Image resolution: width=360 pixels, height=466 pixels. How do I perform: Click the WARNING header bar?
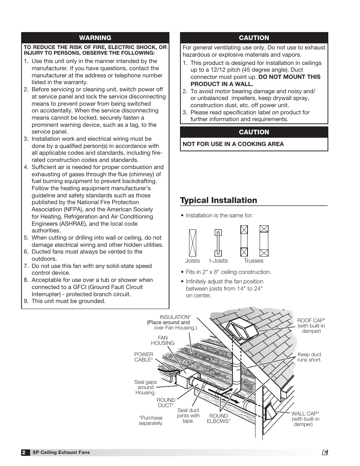pyautogui.click(x=95, y=38)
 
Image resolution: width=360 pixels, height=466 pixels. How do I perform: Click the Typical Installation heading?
pyautogui.click(x=218, y=200)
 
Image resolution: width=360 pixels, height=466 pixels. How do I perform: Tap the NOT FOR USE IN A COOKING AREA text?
pyautogui.click(x=233, y=144)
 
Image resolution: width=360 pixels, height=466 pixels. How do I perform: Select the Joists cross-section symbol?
pyautogui.click(x=192, y=243)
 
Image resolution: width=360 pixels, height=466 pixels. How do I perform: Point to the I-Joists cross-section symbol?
pyautogui.click(x=218, y=243)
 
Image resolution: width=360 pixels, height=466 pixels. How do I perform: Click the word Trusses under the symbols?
pyautogui.click(x=254, y=261)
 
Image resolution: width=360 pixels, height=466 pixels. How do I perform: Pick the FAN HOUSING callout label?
pyautogui.click(x=163, y=340)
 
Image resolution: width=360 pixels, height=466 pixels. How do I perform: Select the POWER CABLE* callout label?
pyautogui.click(x=144, y=357)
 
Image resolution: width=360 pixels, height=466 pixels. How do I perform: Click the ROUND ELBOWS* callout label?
pyautogui.click(x=218, y=418)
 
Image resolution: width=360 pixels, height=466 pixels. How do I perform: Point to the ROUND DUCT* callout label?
pyautogui.click(x=166, y=403)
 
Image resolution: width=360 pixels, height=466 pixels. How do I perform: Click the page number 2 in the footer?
pyautogui.click(x=24, y=452)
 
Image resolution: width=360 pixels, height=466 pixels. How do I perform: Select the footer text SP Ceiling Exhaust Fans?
pyautogui.click(x=61, y=452)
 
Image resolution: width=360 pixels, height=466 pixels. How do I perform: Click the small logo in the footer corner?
pyautogui.click(x=325, y=452)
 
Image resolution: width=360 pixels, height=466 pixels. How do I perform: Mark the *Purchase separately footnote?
pyautogui.click(x=151, y=420)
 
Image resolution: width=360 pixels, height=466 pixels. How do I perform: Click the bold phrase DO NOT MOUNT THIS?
pyautogui.click(x=289, y=77)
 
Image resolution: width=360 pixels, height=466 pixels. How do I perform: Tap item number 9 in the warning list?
pyautogui.click(x=26, y=301)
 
